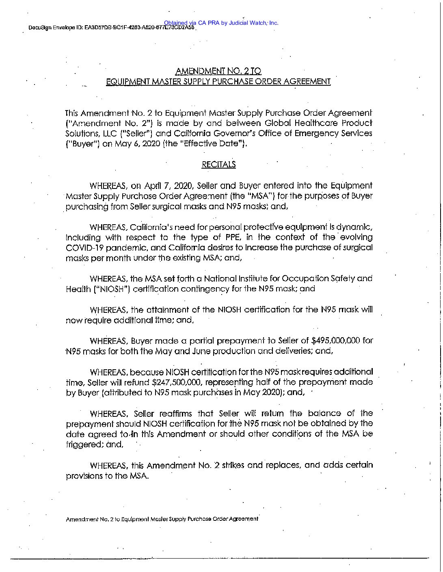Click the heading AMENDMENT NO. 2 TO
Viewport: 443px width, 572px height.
click(218, 71)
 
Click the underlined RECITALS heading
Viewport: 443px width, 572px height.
click(218, 164)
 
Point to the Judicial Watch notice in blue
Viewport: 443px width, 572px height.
click(221, 23)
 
